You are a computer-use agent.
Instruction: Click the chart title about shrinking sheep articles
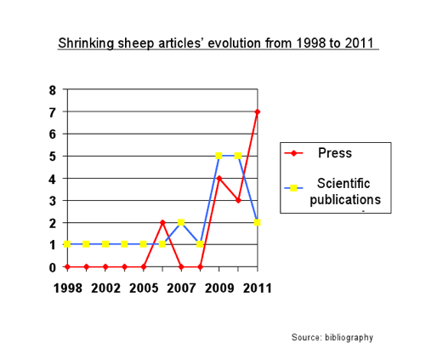tap(218, 43)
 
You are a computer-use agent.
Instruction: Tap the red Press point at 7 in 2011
tap(257, 111)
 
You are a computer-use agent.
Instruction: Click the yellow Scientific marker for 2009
tap(219, 156)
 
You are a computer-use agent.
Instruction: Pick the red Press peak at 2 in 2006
tap(162, 222)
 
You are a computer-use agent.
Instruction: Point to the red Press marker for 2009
tap(219, 178)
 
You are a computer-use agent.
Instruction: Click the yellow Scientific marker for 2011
tap(257, 222)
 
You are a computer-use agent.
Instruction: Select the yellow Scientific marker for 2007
tap(181, 222)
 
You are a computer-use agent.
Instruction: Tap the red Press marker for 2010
tap(238, 200)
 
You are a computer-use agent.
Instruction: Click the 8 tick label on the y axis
tap(53, 90)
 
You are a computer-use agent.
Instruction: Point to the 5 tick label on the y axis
tap(53, 157)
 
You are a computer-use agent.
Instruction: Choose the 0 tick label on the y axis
tap(53, 267)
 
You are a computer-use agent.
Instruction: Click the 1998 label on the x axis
tap(67, 288)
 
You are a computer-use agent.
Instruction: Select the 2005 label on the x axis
tap(143, 288)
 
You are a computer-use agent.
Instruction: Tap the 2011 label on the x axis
tap(257, 288)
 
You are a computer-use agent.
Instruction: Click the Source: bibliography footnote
tap(332, 337)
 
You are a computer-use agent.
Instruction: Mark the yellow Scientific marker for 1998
tap(67, 244)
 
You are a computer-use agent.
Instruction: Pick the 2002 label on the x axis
tap(105, 288)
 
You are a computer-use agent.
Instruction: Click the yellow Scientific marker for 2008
tap(200, 244)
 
